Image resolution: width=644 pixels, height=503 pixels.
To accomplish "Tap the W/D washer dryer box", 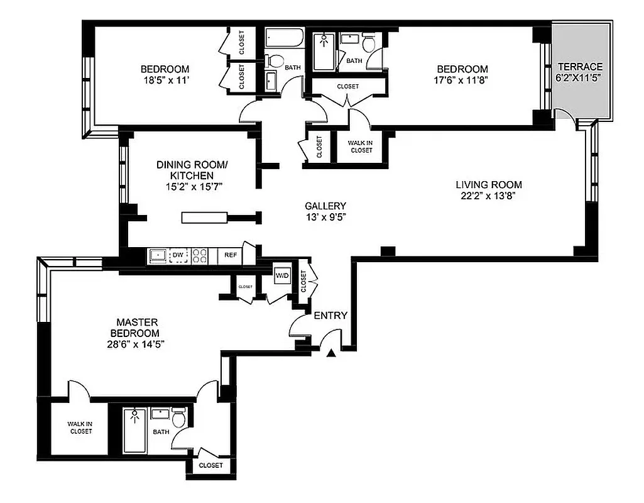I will [281, 275].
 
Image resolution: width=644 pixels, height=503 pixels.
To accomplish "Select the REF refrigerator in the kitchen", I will [231, 256].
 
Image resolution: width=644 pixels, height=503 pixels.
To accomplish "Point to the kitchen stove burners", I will [200, 256].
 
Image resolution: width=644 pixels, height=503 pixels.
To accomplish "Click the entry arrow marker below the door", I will [331, 355].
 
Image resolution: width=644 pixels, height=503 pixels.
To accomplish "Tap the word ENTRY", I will [330, 316].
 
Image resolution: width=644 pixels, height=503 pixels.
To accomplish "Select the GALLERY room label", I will [325, 206].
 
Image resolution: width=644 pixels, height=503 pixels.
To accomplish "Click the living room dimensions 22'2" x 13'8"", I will [489, 196].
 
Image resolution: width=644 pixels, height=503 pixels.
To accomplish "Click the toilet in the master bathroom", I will [178, 417].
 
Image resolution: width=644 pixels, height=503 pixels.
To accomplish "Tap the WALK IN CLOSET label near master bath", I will [80, 428].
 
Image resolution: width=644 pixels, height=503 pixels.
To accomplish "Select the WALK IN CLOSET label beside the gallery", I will [361, 146].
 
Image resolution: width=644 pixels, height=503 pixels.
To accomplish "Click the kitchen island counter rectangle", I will [204, 218].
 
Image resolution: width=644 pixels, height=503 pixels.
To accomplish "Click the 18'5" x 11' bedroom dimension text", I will [165, 80].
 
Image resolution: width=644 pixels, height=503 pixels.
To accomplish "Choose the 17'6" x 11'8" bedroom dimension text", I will [462, 80].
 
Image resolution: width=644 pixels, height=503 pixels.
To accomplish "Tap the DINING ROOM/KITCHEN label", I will [192, 170].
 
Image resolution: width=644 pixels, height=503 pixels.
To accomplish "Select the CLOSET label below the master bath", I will [210, 465].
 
